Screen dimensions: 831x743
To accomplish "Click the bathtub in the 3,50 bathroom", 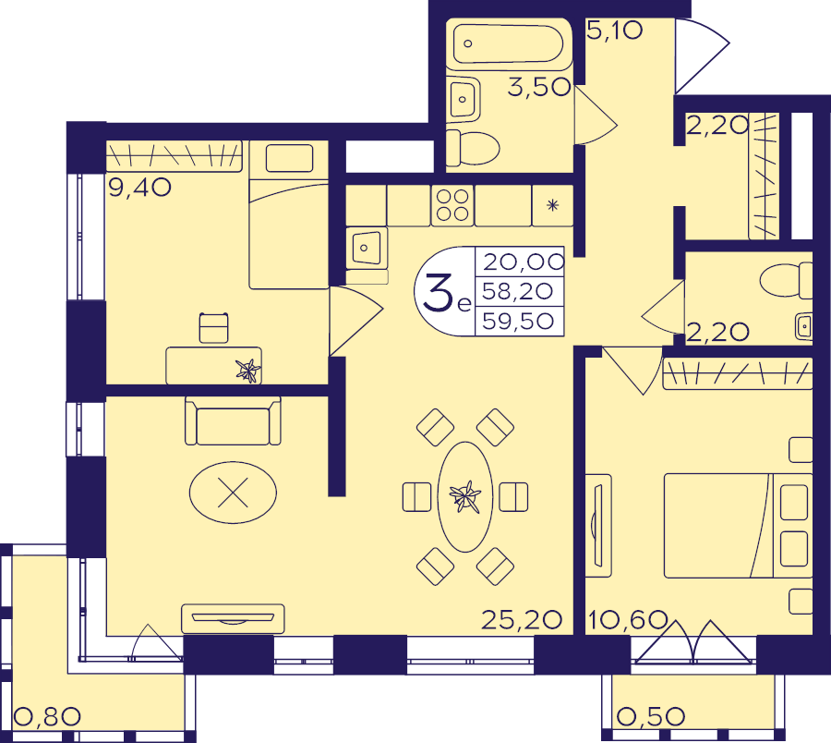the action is (509, 43).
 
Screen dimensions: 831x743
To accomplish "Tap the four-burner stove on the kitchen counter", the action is (452, 205).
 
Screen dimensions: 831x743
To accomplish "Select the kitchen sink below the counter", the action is (367, 247).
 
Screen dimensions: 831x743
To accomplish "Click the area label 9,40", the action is (139, 188).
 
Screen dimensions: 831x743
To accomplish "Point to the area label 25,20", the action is (522, 619).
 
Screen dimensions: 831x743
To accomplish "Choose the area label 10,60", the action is (628, 619).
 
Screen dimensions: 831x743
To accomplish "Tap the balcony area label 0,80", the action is (47, 716).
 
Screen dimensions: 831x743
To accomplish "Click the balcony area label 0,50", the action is (651, 716).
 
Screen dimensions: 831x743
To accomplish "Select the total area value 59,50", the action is (518, 321).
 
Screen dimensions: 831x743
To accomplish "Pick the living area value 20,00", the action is (524, 262).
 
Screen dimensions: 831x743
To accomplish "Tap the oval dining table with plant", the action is (465, 497).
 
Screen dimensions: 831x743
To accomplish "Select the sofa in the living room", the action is (233, 420).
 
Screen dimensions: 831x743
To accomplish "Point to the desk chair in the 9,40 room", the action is (214, 328).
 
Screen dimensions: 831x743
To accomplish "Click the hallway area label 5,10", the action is (614, 30).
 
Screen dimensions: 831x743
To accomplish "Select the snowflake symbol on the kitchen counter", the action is (553, 205).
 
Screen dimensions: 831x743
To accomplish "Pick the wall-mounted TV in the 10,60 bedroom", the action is (598, 525).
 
